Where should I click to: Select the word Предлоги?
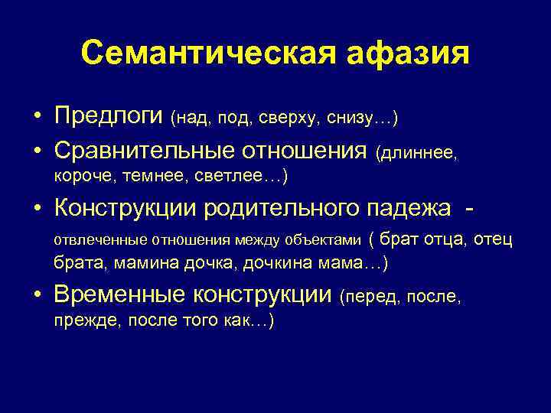click(x=109, y=116)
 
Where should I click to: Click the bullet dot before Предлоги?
click(x=37, y=117)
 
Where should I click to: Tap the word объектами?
click(x=321, y=240)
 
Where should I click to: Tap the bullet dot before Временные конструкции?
click(x=37, y=295)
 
